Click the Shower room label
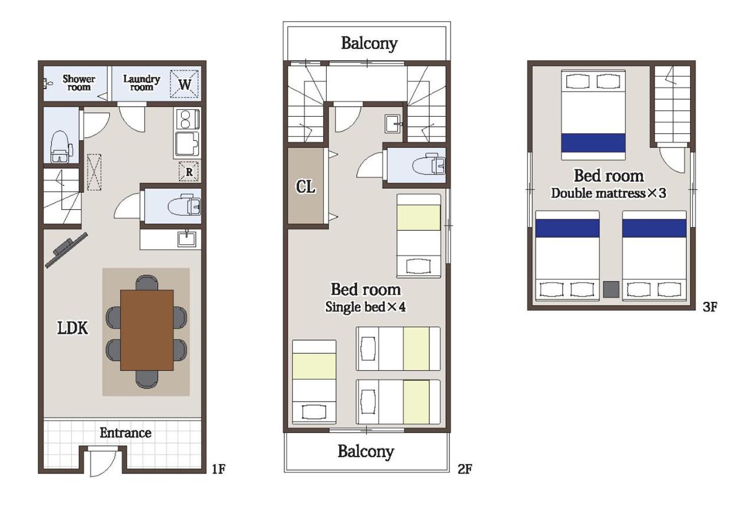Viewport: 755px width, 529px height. click(79, 83)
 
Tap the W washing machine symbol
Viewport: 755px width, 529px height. click(184, 84)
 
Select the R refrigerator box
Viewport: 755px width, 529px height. click(189, 172)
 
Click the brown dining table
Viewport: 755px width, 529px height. click(147, 330)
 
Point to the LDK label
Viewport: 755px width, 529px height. click(73, 328)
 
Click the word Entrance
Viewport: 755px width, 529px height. click(126, 433)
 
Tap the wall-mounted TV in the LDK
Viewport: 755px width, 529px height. click(67, 250)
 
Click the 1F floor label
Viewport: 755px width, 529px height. click(218, 469)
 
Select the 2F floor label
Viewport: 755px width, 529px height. click(465, 469)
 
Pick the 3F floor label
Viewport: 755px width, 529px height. click(710, 307)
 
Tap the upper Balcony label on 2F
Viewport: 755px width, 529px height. click(369, 44)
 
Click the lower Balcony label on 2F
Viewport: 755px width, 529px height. click(366, 452)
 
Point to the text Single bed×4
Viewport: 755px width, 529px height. click(365, 307)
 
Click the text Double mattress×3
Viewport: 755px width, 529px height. click(609, 193)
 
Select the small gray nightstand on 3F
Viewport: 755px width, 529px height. click(611, 290)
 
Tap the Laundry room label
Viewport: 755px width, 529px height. click(141, 83)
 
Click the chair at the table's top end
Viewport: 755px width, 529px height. click(147, 282)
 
